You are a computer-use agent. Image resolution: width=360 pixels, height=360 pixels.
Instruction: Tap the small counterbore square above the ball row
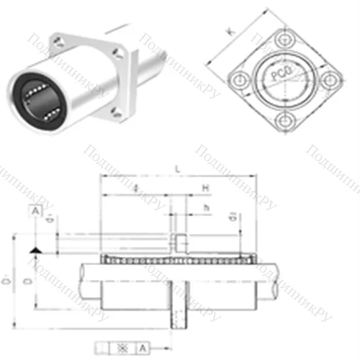(179, 239)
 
